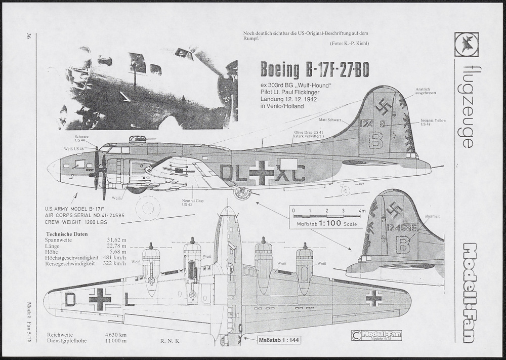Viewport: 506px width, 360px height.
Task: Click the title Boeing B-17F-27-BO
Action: (314, 70)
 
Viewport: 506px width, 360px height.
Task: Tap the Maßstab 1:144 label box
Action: (279, 340)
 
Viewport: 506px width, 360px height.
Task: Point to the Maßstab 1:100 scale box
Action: (326, 223)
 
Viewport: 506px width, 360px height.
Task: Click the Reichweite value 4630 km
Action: (116, 335)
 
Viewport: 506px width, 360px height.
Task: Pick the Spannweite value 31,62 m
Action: (116, 240)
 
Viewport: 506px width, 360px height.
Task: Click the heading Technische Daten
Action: (66, 234)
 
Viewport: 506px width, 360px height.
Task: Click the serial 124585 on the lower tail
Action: (402, 227)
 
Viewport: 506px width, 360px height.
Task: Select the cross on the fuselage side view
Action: (262, 173)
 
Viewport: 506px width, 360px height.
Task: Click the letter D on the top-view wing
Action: (70, 300)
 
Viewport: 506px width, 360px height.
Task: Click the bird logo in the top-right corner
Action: (466, 43)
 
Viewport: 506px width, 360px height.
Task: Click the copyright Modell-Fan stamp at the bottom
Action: (376, 335)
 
